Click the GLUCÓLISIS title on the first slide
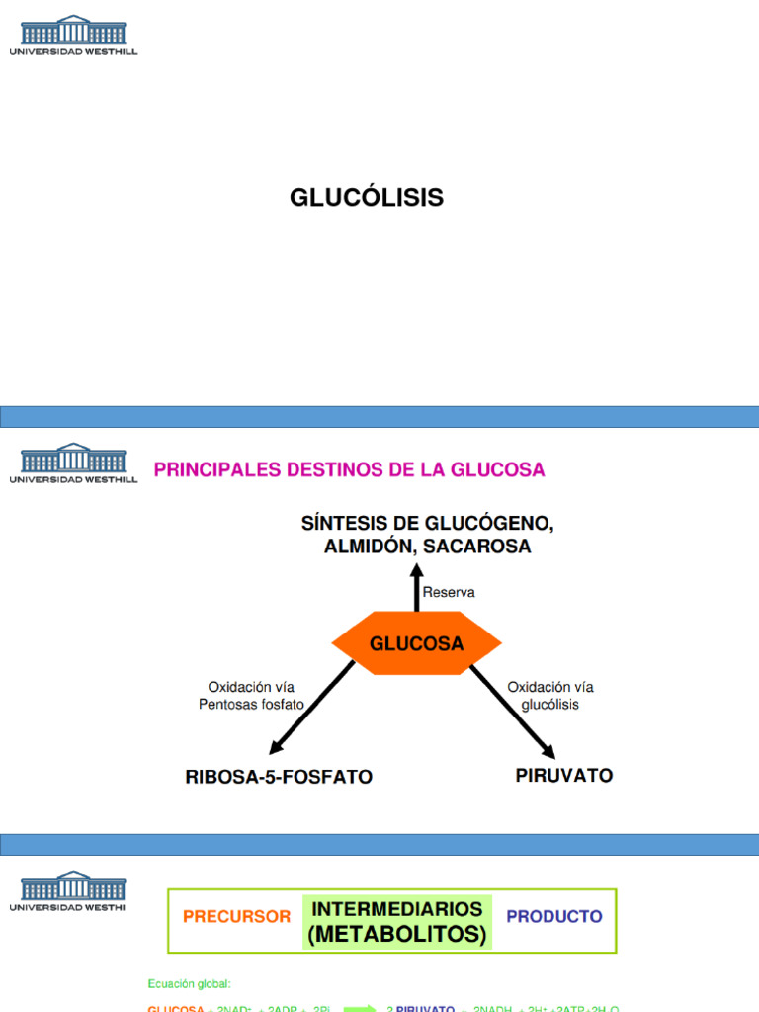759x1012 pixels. [366, 198]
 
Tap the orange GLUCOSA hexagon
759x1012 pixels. [416, 644]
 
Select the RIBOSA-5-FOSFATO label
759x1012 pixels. [279, 778]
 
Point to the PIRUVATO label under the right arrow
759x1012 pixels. [563, 776]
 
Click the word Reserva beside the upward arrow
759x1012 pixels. [449, 593]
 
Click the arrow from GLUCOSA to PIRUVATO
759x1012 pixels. [512, 710]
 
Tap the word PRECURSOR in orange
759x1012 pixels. [236, 917]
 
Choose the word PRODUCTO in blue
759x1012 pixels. [553, 917]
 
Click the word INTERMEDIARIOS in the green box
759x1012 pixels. [396, 909]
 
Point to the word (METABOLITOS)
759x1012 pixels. [396, 935]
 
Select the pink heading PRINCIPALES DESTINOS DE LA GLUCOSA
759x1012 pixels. [349, 470]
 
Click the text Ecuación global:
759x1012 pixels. [189, 984]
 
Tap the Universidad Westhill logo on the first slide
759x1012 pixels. [73, 35]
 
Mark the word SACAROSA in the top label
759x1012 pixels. [484, 547]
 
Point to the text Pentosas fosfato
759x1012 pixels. [251, 705]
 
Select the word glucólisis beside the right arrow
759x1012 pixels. [549, 705]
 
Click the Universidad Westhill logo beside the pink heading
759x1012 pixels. [73, 463]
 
